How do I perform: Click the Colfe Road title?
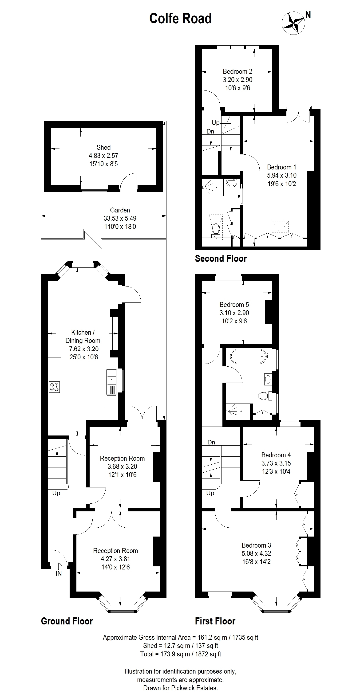(180, 18)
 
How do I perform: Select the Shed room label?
(103, 147)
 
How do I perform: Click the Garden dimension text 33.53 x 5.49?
(120, 218)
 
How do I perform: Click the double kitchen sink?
(111, 382)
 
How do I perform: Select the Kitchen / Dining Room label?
(83, 337)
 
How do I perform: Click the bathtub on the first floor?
(249, 356)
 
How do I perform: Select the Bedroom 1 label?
(281, 167)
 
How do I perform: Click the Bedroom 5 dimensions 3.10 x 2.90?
(234, 313)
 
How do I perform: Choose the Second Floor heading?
(221, 259)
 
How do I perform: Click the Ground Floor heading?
(67, 621)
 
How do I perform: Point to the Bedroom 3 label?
(256, 545)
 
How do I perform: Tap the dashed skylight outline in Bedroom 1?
(280, 227)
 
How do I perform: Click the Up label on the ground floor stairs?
(56, 493)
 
